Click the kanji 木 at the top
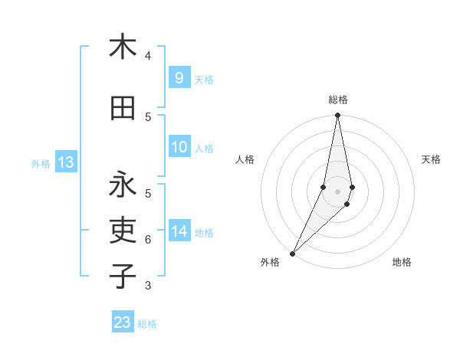[x=123, y=47]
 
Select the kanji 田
[x=123, y=108]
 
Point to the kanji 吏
[x=123, y=231]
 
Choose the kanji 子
[x=123, y=276]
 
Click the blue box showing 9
[x=179, y=77]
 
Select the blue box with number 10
[x=179, y=147]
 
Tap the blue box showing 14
[x=179, y=231]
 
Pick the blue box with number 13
[x=65, y=162]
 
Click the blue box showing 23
[x=123, y=322]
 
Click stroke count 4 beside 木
[x=148, y=55]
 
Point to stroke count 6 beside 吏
[x=148, y=239]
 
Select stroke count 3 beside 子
[x=148, y=286]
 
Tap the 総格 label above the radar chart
[x=338, y=100]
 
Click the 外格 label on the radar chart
[x=270, y=262]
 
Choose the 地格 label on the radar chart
[x=402, y=262]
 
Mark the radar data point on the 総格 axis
[x=337, y=116]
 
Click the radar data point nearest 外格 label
[x=292, y=254]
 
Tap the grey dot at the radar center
[x=337, y=191]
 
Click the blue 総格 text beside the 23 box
[x=147, y=324]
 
